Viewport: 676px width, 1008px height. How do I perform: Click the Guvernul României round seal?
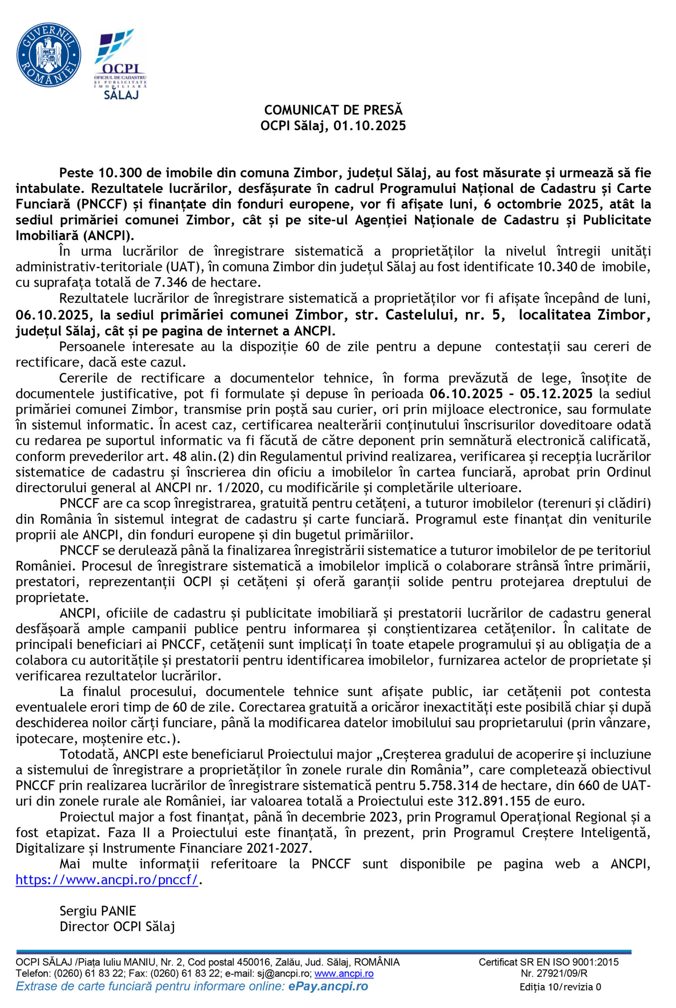tap(48, 55)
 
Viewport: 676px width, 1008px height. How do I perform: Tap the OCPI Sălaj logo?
tap(120, 65)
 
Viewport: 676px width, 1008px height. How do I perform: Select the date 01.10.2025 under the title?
tap(369, 126)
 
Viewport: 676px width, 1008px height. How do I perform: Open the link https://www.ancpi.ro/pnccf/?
tap(107, 880)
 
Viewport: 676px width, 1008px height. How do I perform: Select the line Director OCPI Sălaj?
tap(117, 926)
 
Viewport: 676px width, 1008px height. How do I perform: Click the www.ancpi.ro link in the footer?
tap(344, 973)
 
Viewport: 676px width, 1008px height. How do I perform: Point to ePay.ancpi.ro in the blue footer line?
tap(328, 986)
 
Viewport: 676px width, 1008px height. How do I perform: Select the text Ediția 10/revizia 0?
tap(560, 987)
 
